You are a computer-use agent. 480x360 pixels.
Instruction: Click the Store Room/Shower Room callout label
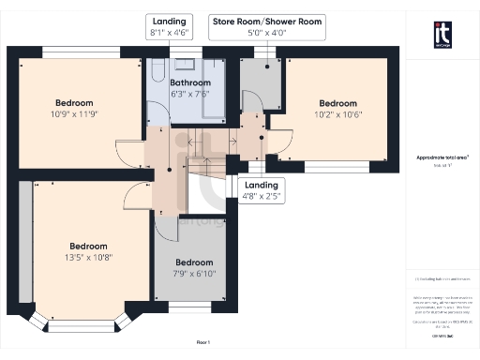[x=267, y=21]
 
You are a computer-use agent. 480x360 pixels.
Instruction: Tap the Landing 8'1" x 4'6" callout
[x=170, y=21]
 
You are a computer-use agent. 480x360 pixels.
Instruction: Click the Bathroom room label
[x=190, y=82]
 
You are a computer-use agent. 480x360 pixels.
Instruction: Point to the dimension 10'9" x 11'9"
[x=73, y=113]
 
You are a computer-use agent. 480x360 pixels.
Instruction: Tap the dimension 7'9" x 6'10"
[x=194, y=273]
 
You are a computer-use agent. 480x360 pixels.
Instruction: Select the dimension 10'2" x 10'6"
[x=338, y=114]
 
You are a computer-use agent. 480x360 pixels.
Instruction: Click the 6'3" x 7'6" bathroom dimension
[x=190, y=94]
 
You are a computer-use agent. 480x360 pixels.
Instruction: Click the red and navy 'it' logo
[x=442, y=33]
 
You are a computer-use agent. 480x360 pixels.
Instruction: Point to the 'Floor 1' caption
[x=203, y=343]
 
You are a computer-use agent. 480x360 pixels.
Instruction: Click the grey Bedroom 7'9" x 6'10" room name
[x=194, y=262]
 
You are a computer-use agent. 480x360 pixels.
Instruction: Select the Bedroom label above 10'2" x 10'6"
[x=338, y=103]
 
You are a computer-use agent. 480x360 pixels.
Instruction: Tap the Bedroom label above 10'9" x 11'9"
[x=73, y=102]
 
